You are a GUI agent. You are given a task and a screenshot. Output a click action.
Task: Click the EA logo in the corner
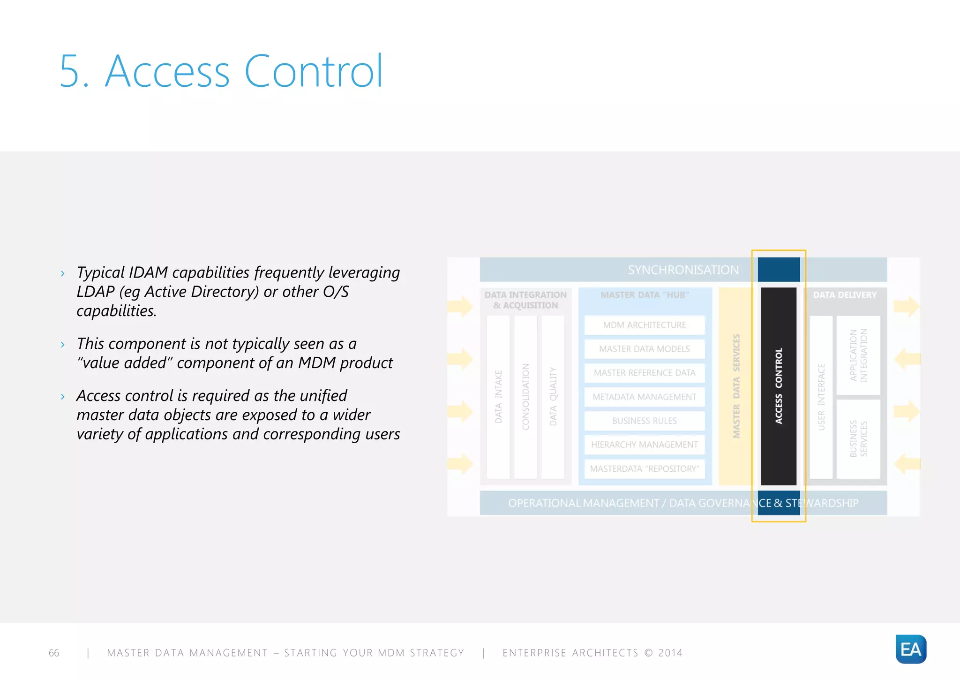pyautogui.click(x=910, y=649)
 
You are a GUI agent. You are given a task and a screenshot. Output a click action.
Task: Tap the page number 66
pyautogui.click(x=54, y=653)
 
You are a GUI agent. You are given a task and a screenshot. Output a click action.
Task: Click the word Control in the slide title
pyautogui.click(x=314, y=71)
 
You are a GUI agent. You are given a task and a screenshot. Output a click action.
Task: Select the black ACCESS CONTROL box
pyautogui.click(x=778, y=386)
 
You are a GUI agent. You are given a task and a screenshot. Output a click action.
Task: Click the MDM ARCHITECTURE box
pyautogui.click(x=644, y=325)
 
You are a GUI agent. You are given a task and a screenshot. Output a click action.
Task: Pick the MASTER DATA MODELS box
pyautogui.click(x=644, y=349)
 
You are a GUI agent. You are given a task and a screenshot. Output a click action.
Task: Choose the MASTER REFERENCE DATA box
pyautogui.click(x=644, y=373)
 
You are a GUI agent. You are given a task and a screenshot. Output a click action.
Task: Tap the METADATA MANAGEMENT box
pyautogui.click(x=644, y=397)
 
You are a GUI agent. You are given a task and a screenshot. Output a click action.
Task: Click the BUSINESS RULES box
pyautogui.click(x=644, y=421)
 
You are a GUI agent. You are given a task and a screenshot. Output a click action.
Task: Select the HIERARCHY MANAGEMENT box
pyautogui.click(x=644, y=445)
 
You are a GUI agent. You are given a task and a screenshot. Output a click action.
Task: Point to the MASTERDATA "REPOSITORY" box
pyautogui.click(x=644, y=469)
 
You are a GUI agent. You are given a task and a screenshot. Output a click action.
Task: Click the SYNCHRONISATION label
pyautogui.click(x=683, y=270)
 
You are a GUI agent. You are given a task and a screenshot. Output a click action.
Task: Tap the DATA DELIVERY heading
pyautogui.click(x=844, y=295)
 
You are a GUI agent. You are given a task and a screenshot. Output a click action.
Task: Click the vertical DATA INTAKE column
pyautogui.click(x=498, y=396)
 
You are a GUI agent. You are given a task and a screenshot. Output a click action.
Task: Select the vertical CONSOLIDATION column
pyautogui.click(x=525, y=396)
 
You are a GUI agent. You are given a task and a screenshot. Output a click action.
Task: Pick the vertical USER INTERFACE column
pyautogui.click(x=821, y=396)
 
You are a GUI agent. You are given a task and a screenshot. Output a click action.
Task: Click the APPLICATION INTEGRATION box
pyautogui.click(x=858, y=355)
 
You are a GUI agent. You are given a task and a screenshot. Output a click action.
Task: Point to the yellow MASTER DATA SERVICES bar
pyautogui.click(x=735, y=386)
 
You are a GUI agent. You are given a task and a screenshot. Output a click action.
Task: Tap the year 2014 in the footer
pyautogui.click(x=670, y=653)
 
